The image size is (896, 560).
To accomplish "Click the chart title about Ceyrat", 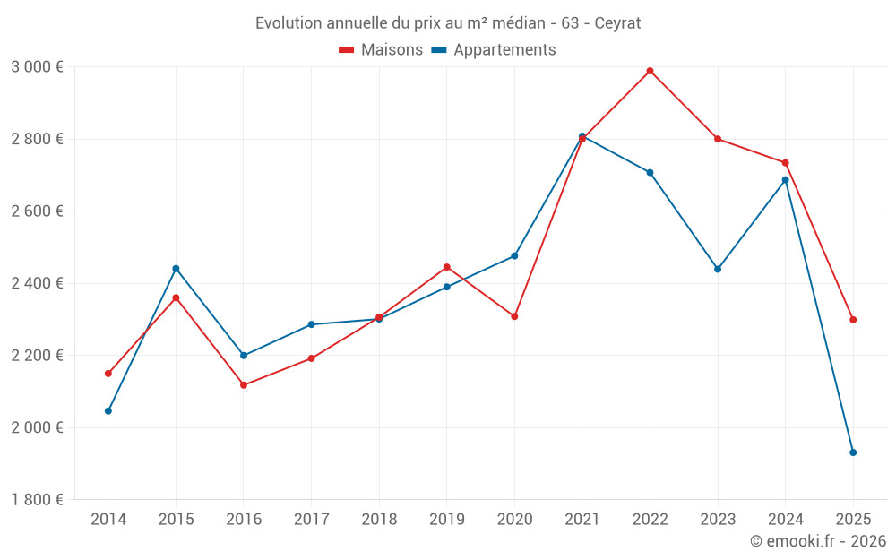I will tap(448, 22).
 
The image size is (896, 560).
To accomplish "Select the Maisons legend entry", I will tap(381, 50).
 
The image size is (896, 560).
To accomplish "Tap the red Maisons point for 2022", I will tap(650, 71).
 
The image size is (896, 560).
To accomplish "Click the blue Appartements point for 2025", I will tap(853, 452).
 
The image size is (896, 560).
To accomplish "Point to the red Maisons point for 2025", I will tap(853, 320).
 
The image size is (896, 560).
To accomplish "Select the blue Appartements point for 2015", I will tap(176, 269).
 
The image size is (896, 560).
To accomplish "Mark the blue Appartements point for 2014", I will tap(108, 411).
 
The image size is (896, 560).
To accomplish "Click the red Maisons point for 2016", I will tap(244, 385).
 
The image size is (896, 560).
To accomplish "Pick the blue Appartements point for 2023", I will tap(718, 269).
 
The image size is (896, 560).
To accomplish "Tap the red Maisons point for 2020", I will tap(514, 316).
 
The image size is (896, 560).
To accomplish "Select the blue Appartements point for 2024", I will tap(786, 179).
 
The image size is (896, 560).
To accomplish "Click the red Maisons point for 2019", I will tap(446, 267).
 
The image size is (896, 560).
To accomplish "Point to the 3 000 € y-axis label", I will tap(37, 67).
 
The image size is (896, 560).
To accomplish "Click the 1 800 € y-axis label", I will tap(37, 500).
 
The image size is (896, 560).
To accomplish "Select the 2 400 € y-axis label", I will tap(37, 283).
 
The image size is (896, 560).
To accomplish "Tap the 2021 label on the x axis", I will tap(582, 520).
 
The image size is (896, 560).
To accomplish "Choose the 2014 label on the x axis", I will tap(108, 520).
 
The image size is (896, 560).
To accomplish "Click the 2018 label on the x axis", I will tap(379, 520).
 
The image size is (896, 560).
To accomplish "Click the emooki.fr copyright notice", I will tap(817, 541).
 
